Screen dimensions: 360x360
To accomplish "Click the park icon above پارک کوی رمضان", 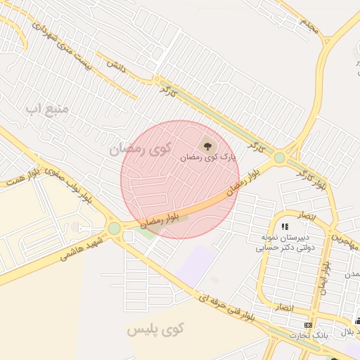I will (x=207, y=146).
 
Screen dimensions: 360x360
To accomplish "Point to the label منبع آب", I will (x=46, y=109).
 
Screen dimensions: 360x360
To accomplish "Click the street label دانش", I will (x=115, y=64).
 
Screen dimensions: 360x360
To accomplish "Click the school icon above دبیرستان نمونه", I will (x=285, y=226).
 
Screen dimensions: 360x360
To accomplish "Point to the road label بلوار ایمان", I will (x=325, y=275).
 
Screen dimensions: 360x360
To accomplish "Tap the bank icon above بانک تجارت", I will (x=308, y=325).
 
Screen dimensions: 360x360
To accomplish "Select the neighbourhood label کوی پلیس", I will (x=155, y=329).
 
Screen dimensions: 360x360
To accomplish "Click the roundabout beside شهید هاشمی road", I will (x=114, y=229).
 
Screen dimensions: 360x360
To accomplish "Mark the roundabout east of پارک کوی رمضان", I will (x=280, y=157).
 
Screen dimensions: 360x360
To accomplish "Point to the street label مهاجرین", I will (x=346, y=241).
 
